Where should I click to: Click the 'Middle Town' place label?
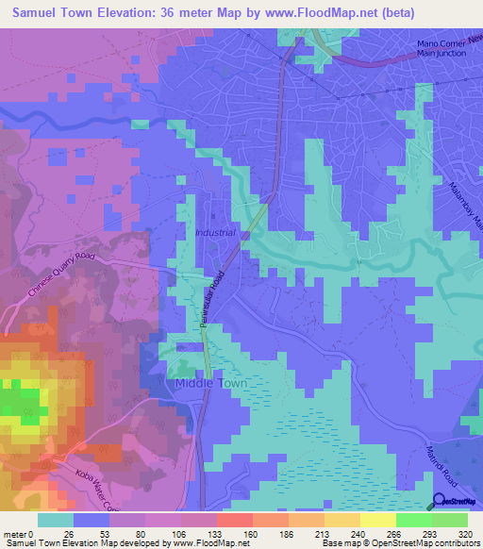click(210, 384)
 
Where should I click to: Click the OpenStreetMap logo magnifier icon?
click(440, 502)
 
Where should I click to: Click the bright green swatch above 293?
click(414, 520)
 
